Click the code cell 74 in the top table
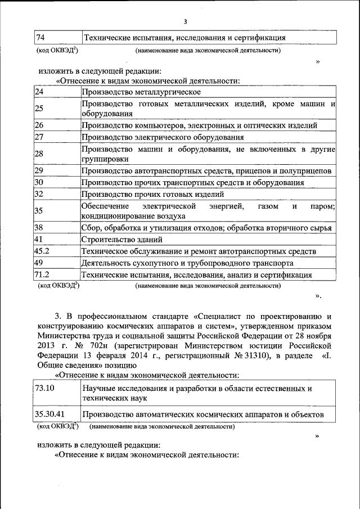(x=40, y=38)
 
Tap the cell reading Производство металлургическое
(x=141, y=92)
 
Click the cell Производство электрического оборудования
(x=163, y=137)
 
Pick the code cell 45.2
(x=42, y=251)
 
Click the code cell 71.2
(x=42, y=274)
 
